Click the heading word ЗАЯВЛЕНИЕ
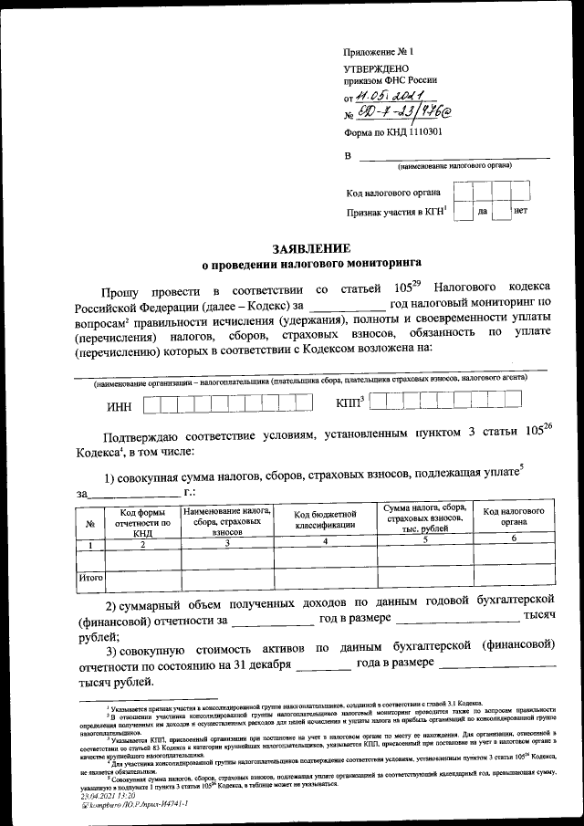pyautogui.click(x=311, y=248)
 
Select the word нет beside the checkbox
pyautogui.click(x=520, y=211)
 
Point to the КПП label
pyautogui.click(x=349, y=402)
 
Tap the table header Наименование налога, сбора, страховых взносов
pyautogui.click(x=225, y=520)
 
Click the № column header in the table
pyautogui.click(x=89, y=523)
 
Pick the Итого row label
pyautogui.click(x=90, y=577)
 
